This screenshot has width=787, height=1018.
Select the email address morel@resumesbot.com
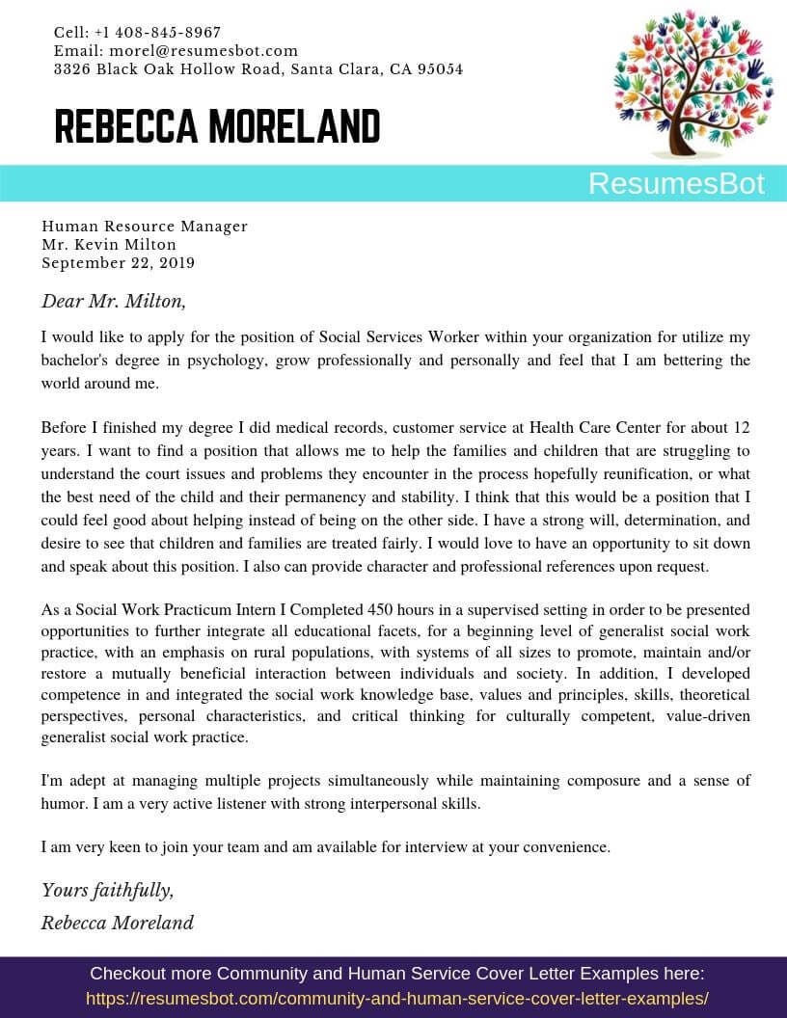point(204,50)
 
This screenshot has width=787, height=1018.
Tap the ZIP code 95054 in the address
point(440,69)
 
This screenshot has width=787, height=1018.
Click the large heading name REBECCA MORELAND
point(217,126)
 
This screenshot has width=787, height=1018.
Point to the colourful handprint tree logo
point(692,84)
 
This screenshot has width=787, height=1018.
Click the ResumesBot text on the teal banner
point(676,183)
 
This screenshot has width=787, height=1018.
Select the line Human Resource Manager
point(145,227)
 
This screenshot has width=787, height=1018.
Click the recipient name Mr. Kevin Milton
point(109,245)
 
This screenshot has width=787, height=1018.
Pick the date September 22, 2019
point(118,263)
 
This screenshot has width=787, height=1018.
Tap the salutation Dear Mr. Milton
point(114,301)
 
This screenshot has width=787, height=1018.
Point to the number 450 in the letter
point(382,610)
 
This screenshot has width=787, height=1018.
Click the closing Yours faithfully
point(107,890)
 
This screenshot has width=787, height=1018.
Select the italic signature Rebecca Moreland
point(117,923)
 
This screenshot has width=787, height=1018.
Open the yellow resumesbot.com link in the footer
point(397,999)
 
